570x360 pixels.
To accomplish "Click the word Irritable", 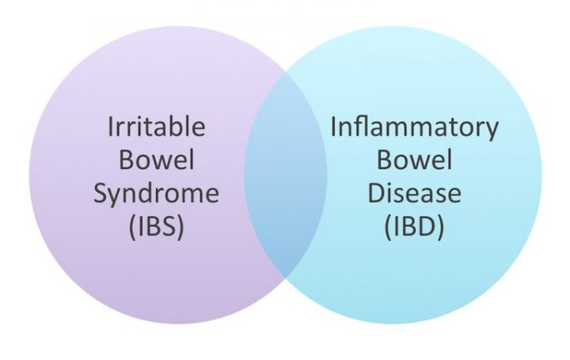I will click(x=156, y=127).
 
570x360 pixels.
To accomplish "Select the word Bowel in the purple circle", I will click(x=156, y=160).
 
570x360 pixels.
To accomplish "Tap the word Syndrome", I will click(x=156, y=195).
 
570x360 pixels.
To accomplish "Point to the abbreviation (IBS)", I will click(x=156, y=228).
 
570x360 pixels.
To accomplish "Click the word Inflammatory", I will click(x=414, y=127).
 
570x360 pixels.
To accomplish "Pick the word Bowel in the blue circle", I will click(x=414, y=161).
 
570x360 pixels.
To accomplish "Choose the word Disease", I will click(x=414, y=194).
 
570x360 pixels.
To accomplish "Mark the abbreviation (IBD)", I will click(x=414, y=228).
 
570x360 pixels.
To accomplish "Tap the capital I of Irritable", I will click(x=111, y=127).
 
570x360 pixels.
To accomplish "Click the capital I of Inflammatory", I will click(x=333, y=127).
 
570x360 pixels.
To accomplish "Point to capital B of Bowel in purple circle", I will click(x=127, y=160).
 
